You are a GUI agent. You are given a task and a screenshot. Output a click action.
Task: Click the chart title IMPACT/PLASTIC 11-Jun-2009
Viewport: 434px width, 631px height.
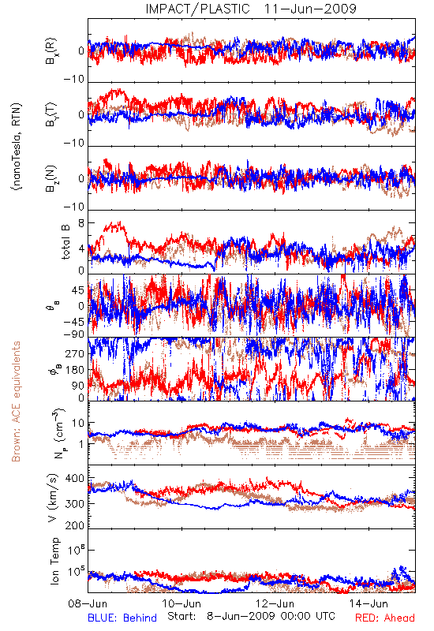tap(251, 9)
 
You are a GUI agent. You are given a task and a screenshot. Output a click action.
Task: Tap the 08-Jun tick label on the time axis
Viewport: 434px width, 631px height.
tap(88, 603)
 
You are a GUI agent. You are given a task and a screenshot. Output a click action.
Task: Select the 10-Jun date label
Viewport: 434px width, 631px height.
tap(181, 603)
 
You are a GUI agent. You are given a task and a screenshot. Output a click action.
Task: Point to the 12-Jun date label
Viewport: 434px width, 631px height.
tap(275, 603)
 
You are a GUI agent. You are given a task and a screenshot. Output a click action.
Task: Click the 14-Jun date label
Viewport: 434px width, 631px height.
tap(369, 603)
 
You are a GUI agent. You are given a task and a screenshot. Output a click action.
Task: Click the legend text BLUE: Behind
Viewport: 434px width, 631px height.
tap(122, 618)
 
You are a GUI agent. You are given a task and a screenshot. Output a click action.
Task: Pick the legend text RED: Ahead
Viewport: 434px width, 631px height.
tap(385, 618)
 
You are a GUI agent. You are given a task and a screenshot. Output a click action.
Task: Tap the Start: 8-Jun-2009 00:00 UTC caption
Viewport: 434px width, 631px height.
tap(251, 616)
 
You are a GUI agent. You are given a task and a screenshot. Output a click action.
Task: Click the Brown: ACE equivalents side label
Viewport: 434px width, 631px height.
tap(16, 401)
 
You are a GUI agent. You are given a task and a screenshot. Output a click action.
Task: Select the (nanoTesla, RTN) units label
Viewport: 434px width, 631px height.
tap(17, 147)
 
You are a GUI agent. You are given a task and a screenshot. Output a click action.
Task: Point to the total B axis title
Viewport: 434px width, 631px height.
tap(65, 242)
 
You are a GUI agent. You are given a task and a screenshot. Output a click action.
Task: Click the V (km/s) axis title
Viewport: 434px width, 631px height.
tap(53, 498)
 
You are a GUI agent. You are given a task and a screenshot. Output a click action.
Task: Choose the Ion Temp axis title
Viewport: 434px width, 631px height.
tap(54, 561)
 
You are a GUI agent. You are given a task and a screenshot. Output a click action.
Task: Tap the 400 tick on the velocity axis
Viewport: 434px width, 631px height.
tap(74, 479)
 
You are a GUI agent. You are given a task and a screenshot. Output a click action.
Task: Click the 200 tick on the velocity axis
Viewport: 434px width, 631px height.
tap(74, 525)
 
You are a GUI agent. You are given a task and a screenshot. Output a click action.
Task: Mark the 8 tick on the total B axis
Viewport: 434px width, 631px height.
tap(81, 223)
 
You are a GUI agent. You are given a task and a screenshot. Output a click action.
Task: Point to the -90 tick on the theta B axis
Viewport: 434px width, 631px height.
tap(73, 334)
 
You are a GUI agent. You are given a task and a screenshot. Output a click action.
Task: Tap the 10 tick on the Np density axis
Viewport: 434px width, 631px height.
tap(78, 423)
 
